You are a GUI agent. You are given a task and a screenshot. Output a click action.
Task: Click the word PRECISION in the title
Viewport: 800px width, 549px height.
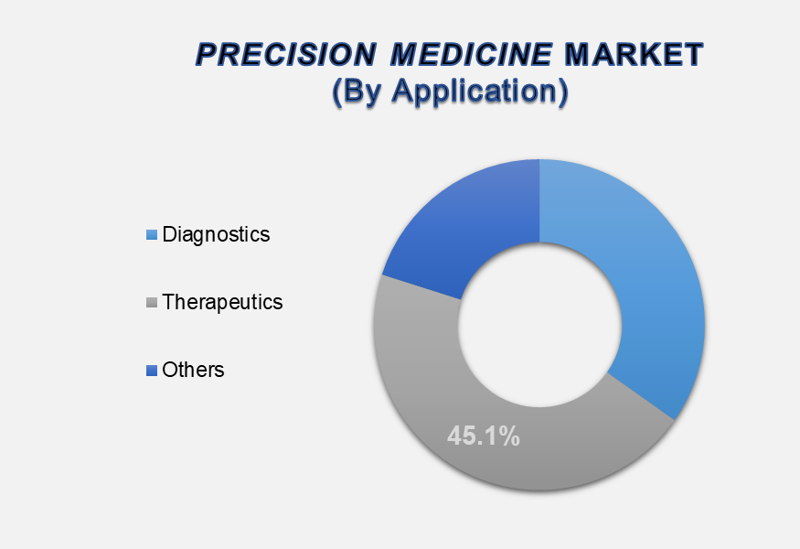285,55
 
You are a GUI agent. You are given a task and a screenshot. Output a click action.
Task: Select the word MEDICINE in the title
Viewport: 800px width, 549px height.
472,55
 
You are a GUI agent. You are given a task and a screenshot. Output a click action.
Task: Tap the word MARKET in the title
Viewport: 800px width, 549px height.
635,55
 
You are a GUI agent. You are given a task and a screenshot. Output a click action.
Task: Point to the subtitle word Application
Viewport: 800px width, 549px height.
480,91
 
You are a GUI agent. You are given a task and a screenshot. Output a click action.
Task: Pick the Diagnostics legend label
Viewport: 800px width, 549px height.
216,234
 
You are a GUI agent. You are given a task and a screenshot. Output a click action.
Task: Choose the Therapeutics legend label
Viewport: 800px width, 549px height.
222,302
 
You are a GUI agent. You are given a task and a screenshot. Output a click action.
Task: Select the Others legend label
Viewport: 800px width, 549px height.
193,370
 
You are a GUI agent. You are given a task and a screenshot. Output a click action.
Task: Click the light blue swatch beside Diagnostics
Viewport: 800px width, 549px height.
152,235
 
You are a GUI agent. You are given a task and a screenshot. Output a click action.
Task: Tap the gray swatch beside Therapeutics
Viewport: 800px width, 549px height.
152,303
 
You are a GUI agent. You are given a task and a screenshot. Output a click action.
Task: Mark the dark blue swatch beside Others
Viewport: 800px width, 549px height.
152,371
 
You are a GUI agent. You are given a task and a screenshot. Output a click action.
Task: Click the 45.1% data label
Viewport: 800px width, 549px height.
484,436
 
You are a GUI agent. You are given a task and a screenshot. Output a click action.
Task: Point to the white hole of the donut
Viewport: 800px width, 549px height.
539,325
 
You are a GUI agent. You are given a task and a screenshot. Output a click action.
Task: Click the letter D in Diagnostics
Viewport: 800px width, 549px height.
169,234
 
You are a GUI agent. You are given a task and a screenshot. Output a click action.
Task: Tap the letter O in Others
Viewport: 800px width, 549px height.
169,370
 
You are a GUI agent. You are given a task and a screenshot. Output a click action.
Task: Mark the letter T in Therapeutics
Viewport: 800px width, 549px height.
168,302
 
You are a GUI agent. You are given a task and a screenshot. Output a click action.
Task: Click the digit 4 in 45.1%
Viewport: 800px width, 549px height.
454,436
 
